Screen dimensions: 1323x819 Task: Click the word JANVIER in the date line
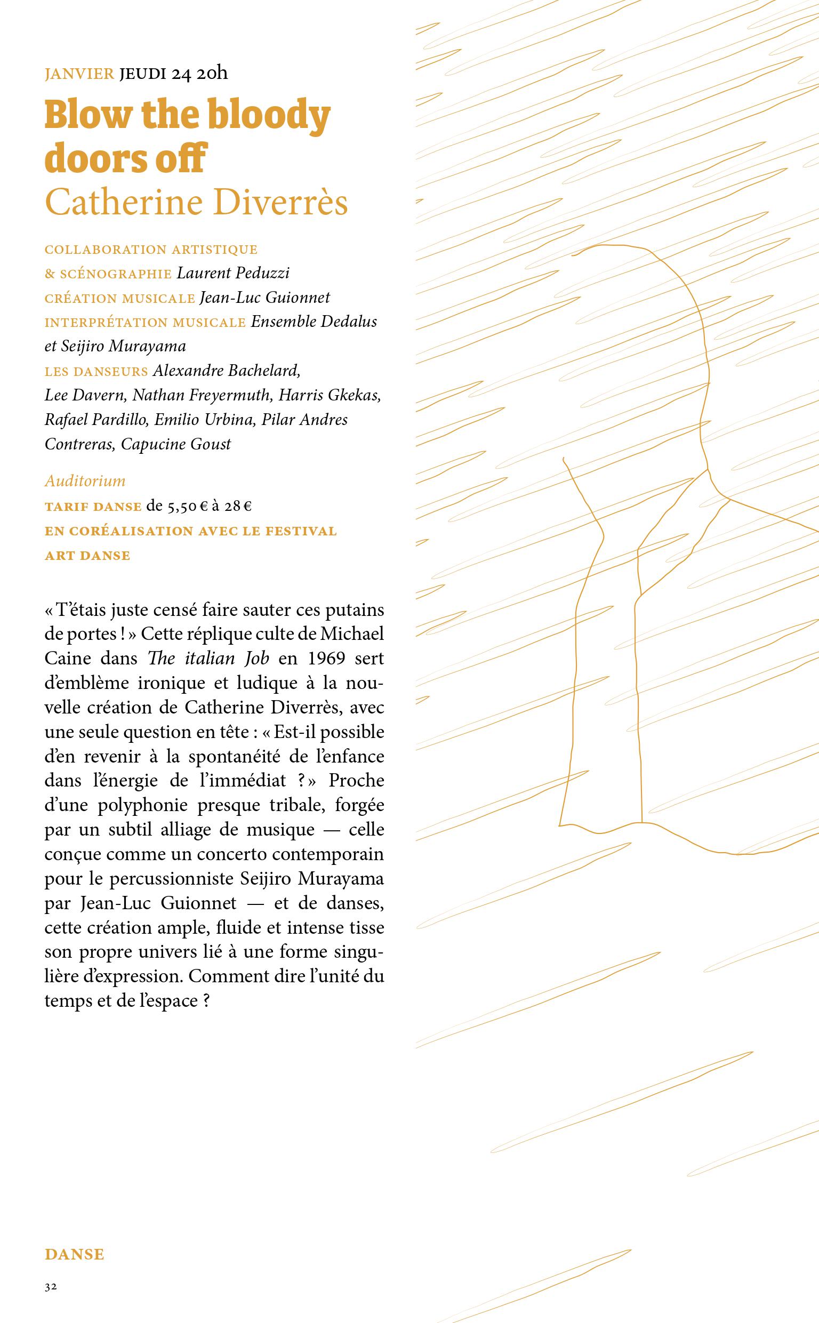[x=79, y=74]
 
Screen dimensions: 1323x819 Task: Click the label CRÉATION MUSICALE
[x=120, y=298]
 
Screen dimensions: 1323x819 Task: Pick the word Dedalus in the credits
[x=349, y=322]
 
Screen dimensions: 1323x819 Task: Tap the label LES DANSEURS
[x=97, y=372]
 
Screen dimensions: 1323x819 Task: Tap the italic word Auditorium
[x=85, y=481]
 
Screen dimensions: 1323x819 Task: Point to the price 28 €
[x=238, y=507]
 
